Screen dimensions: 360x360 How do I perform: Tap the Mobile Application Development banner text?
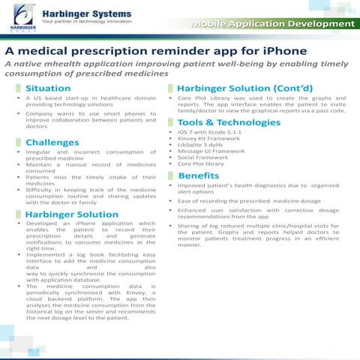coord(272,25)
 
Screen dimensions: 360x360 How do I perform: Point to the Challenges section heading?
coord(52,142)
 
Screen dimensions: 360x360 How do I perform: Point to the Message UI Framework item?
coord(211,151)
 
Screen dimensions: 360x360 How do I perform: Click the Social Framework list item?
coord(205,157)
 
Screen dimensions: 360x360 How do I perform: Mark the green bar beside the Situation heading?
coord(19,88)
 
